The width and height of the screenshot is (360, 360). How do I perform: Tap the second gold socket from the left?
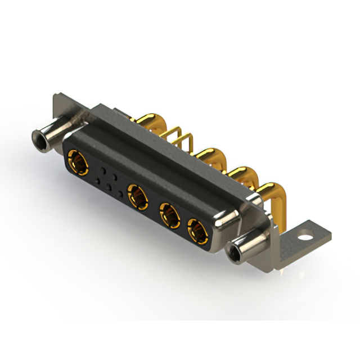(137, 197)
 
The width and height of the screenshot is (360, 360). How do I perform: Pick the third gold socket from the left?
(168, 214)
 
